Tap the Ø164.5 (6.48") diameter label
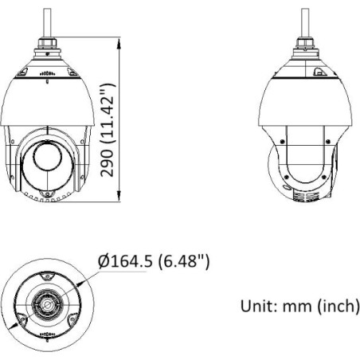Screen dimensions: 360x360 point(154,261)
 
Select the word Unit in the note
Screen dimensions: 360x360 point(256,305)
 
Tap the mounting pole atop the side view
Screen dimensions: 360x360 point(304,20)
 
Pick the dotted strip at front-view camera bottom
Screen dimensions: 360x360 point(49,197)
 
